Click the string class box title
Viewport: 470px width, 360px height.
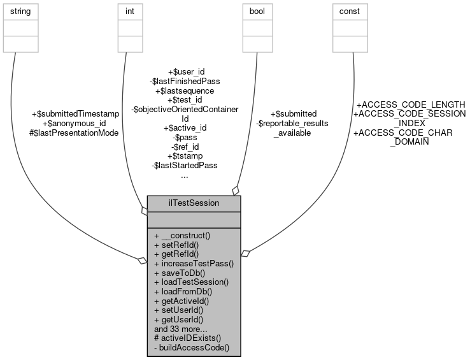point(21,11)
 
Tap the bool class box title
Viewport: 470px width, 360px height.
point(256,11)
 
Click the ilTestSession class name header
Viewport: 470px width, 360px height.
point(194,203)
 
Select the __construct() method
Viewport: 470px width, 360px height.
point(182,235)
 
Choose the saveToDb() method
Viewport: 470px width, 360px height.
point(179,272)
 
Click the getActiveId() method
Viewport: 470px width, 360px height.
point(182,300)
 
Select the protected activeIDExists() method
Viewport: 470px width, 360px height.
point(188,338)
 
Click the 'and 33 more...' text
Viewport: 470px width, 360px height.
point(181,329)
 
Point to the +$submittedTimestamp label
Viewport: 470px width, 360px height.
point(75,113)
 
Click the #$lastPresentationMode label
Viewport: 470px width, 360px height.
point(74,132)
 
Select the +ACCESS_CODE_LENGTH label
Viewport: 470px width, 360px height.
point(410,104)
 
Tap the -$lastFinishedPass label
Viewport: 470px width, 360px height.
point(185,81)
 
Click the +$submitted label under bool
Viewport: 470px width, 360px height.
point(294,113)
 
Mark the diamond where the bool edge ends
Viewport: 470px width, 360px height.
point(236,190)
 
